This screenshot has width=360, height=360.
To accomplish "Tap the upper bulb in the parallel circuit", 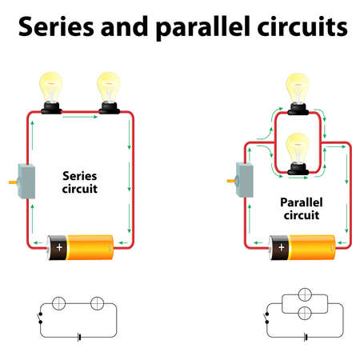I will (x=298, y=90).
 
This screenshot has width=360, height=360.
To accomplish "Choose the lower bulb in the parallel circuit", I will (x=298, y=149).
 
